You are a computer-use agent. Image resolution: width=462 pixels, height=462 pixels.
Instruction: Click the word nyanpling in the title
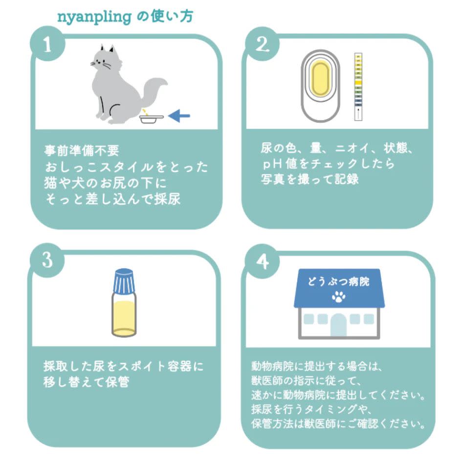click(x=94, y=17)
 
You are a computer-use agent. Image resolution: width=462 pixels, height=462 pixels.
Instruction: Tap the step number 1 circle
click(x=46, y=45)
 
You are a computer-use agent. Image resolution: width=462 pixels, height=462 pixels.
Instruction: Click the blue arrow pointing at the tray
click(x=178, y=116)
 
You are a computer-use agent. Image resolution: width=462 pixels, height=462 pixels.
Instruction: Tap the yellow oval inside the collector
click(x=320, y=81)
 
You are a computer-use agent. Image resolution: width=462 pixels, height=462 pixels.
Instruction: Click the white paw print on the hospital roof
click(x=338, y=296)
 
